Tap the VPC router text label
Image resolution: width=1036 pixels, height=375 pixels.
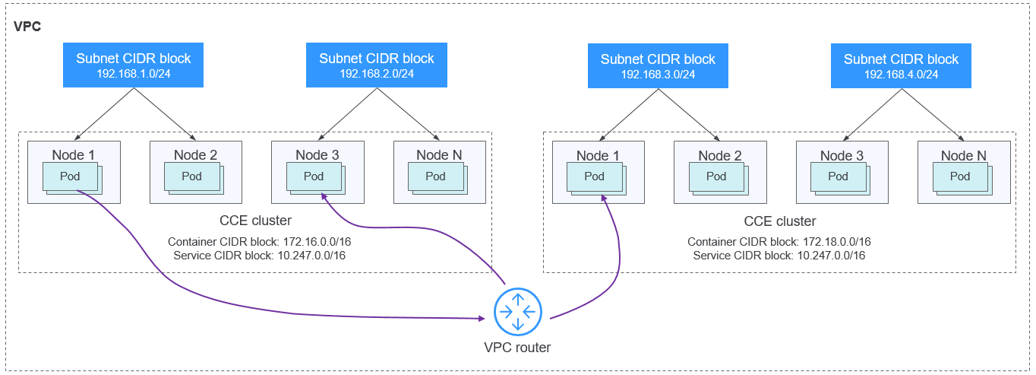[x=517, y=348]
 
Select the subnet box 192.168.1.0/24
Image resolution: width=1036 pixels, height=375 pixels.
[x=134, y=65]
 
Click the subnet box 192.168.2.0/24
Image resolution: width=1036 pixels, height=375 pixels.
[x=377, y=65]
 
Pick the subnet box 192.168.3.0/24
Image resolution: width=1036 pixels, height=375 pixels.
[x=658, y=66]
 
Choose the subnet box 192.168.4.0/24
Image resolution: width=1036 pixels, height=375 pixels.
[x=901, y=66]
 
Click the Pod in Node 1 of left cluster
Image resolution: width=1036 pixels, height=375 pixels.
[x=70, y=176]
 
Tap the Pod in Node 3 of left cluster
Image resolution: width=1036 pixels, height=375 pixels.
[x=313, y=176]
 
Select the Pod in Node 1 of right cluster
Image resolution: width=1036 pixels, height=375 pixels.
[x=594, y=176]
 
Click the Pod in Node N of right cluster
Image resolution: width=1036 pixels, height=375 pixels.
[x=959, y=176]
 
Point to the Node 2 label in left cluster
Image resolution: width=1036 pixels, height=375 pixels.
[x=195, y=155]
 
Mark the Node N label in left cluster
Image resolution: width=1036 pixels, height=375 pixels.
[x=439, y=155]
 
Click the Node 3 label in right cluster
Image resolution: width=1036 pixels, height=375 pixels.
[x=842, y=156]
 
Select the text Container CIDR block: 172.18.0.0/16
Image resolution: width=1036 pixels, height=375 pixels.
[x=779, y=242]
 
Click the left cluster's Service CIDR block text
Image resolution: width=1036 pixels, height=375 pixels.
[x=259, y=256]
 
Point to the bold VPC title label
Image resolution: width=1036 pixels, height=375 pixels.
[x=27, y=27]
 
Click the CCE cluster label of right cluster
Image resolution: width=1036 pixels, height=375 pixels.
[x=779, y=221]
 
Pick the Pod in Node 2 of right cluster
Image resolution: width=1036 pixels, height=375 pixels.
[x=716, y=176]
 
